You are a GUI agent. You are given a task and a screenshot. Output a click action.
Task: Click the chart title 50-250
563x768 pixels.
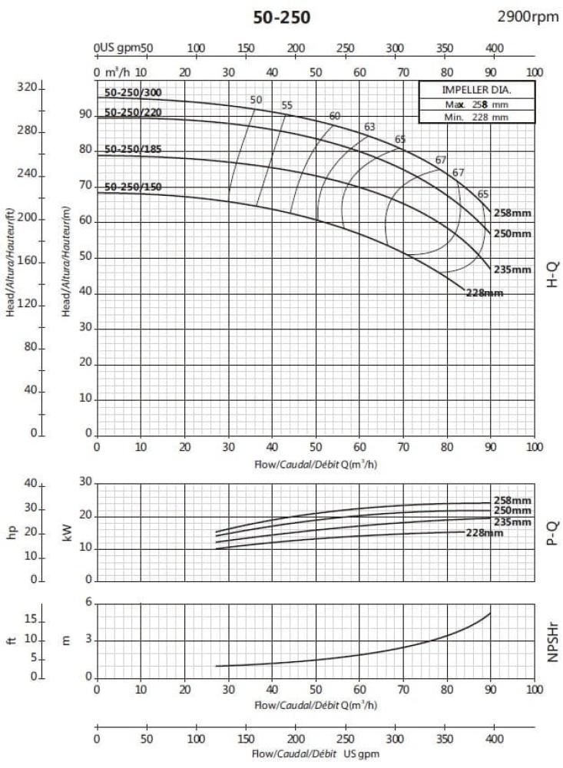[x=282, y=17]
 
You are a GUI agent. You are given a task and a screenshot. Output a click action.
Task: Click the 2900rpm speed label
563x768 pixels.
[x=528, y=17]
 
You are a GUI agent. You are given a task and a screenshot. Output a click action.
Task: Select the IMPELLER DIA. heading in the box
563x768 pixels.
[x=465, y=89]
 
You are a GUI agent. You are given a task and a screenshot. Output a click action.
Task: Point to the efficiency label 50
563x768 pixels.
[x=257, y=100]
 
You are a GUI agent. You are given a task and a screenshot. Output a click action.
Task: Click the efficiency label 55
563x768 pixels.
[x=287, y=105]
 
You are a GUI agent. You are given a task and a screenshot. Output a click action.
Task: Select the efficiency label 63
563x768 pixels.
[x=369, y=126]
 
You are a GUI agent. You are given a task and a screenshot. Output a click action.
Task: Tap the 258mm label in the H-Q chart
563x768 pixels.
[x=512, y=213]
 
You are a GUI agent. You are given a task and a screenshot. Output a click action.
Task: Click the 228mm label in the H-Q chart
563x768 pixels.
[x=485, y=293]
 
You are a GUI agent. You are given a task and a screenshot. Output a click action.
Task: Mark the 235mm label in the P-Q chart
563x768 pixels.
[x=512, y=522]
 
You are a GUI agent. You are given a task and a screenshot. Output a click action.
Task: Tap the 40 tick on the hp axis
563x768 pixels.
[x=31, y=484]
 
